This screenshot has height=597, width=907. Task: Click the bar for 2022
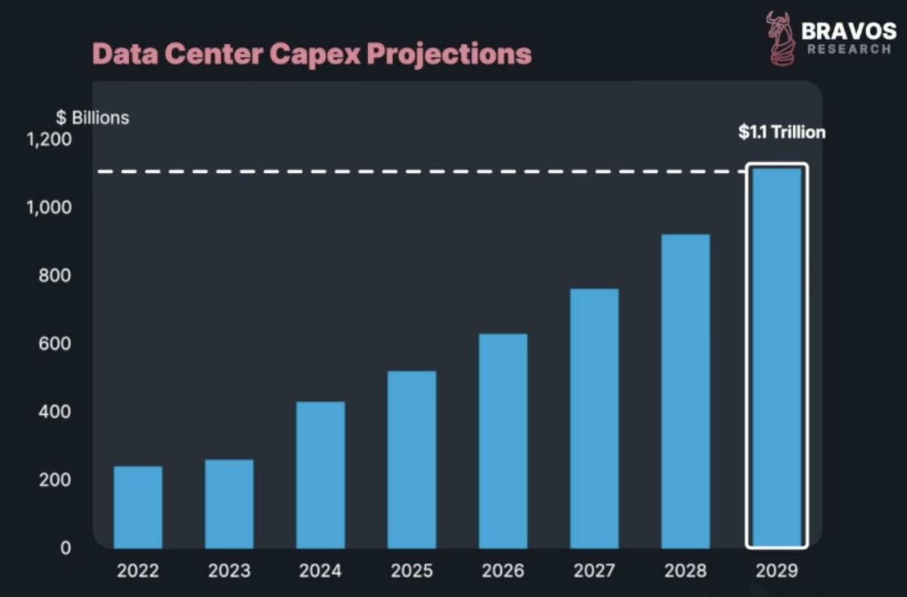click(138, 507)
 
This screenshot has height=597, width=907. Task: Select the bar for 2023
click(229, 504)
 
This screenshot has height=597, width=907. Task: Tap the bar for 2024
click(320, 475)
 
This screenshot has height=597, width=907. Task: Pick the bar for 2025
click(411, 459)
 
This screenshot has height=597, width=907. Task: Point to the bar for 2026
click(503, 441)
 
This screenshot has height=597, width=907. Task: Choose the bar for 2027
click(594, 419)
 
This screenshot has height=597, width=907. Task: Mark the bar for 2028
click(685, 391)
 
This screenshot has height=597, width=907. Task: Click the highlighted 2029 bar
click(777, 357)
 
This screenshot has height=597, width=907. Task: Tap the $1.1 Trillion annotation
click(782, 132)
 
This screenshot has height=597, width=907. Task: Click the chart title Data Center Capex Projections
click(311, 54)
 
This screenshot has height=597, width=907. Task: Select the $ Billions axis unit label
click(91, 118)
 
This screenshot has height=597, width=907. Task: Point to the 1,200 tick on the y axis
click(49, 140)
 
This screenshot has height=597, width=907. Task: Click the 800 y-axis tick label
click(55, 276)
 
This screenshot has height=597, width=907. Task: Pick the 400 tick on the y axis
click(55, 412)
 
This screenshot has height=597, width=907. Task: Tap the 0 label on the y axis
click(65, 548)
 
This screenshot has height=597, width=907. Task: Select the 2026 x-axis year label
click(503, 571)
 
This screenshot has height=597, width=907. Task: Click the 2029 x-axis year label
click(776, 571)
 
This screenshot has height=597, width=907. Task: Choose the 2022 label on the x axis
click(138, 571)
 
